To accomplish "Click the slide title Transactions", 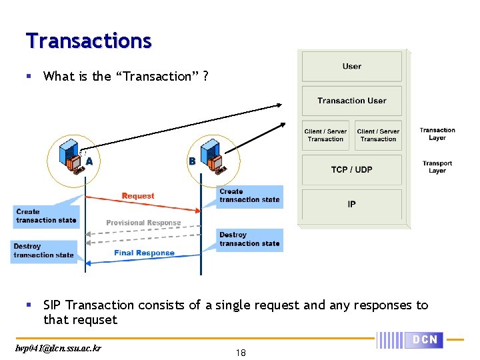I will click(x=89, y=41).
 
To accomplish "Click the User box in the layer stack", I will click(x=352, y=66).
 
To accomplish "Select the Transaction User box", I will click(x=352, y=101).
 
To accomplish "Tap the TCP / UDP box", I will click(x=352, y=169).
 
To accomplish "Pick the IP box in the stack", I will click(x=352, y=204).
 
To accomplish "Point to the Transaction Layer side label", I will click(x=437, y=134).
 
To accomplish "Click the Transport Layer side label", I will click(x=437, y=167).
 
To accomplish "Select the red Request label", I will click(x=138, y=196).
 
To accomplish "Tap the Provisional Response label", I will click(x=143, y=223).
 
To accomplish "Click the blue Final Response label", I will click(x=144, y=253).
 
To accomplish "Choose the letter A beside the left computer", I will click(x=89, y=161).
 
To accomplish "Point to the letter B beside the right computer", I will click(x=192, y=161).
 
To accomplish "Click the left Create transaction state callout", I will click(x=45, y=216).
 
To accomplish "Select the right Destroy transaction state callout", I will click(x=249, y=239).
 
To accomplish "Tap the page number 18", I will click(x=241, y=353).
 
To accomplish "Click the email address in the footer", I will click(x=57, y=348).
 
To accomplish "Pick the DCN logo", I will click(x=424, y=339).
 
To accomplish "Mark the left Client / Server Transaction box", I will click(x=326, y=135).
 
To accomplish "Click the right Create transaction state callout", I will click(x=249, y=195).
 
